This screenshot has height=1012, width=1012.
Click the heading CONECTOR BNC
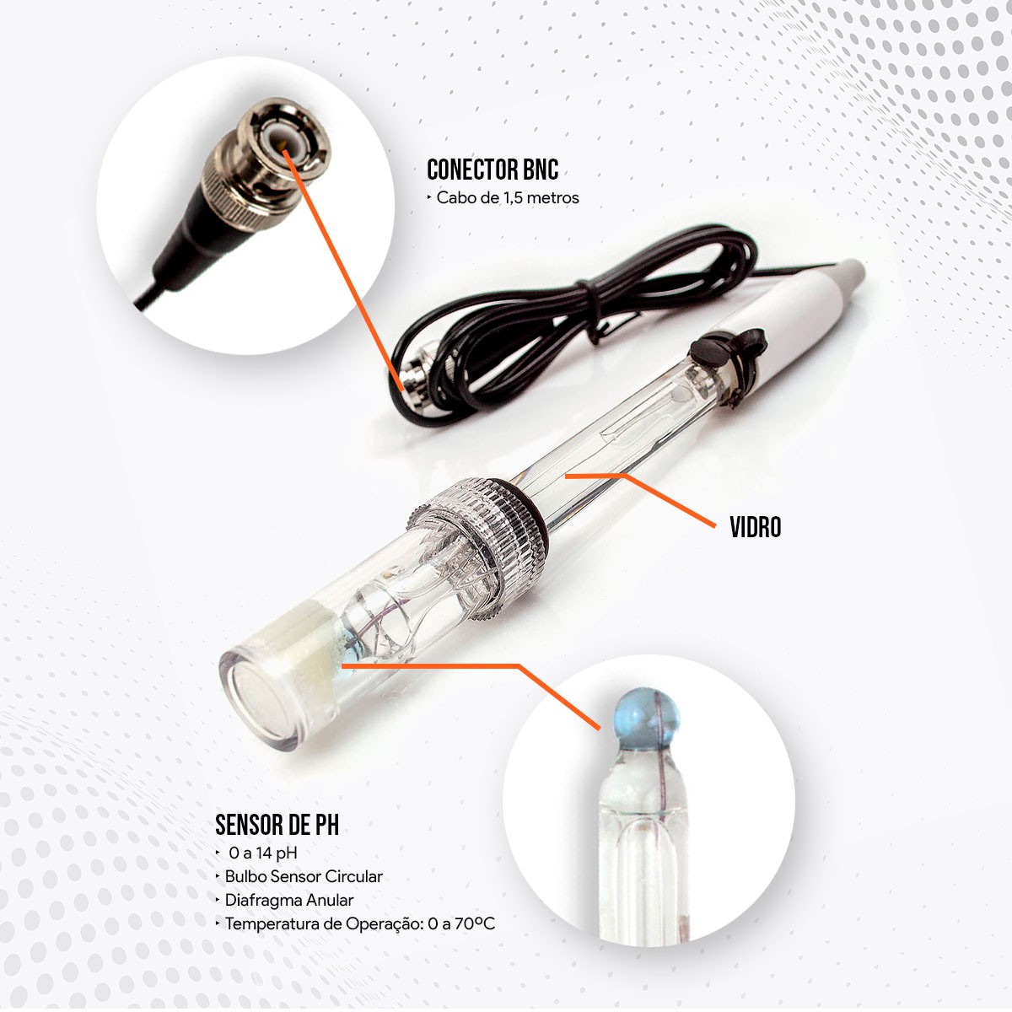pos(492,170)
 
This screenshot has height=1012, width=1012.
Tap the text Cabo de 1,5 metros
pos(508,198)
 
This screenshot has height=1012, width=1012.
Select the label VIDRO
pos(755,527)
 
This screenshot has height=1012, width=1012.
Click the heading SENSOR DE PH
pos(277,825)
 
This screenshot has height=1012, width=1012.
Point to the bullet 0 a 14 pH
pos(262,853)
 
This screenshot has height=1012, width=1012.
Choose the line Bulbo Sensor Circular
pos(304,876)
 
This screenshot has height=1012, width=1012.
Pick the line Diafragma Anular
pos(289,900)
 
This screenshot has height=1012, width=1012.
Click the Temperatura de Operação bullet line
pos(360,923)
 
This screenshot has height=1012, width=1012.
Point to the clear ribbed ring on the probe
pos(476,546)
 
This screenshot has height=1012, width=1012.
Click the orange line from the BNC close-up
pos(344,271)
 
